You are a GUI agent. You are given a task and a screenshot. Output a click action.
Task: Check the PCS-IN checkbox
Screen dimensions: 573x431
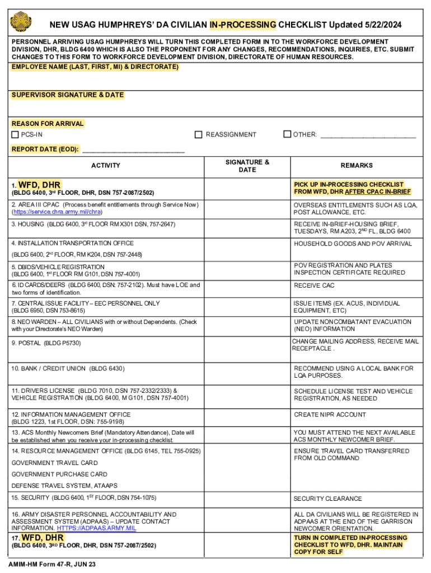tap(16, 135)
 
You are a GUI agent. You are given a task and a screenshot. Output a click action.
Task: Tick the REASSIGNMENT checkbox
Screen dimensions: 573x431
tap(198, 135)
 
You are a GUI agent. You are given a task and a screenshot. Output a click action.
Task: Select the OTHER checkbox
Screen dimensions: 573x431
tap(287, 134)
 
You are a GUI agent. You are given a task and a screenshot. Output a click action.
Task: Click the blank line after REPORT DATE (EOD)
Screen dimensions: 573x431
tap(133, 150)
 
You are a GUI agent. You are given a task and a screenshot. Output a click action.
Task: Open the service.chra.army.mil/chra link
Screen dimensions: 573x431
tap(57, 213)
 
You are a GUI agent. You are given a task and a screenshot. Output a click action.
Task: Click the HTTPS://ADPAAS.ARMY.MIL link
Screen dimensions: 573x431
tap(96, 528)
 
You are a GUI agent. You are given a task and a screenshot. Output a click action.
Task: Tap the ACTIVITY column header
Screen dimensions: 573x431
tap(106, 166)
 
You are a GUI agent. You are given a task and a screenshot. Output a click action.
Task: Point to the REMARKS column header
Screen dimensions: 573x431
tap(356, 166)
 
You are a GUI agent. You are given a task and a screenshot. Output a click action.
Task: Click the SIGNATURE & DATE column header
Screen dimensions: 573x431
tap(247, 166)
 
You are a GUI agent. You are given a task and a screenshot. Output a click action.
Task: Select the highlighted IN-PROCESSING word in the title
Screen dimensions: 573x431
tap(242, 25)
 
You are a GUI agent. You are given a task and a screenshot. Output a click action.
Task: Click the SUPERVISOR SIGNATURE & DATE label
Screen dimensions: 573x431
tap(68, 95)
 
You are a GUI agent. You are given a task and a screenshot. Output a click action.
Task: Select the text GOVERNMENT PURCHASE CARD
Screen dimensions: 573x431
tap(59, 474)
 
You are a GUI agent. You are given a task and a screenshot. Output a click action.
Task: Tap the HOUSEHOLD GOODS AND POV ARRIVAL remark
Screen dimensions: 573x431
tap(353, 243)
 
